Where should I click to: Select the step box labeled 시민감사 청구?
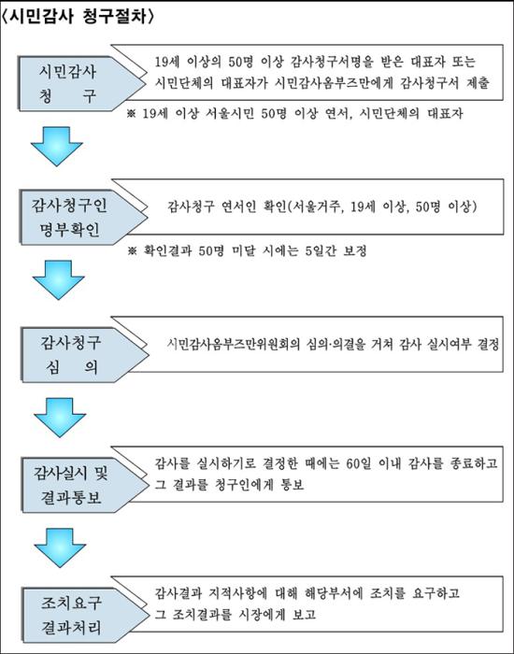82,83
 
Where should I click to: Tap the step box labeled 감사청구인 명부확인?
83,218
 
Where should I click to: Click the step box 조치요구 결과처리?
85,615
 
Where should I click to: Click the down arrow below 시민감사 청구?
57,147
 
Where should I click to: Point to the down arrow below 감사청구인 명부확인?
58,280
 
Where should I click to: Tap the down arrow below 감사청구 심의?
60,418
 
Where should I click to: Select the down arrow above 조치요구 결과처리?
60,547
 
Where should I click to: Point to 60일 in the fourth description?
358,463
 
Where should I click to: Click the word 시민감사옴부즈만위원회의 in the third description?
234,344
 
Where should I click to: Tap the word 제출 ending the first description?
478,82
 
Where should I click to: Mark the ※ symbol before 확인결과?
133,251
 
